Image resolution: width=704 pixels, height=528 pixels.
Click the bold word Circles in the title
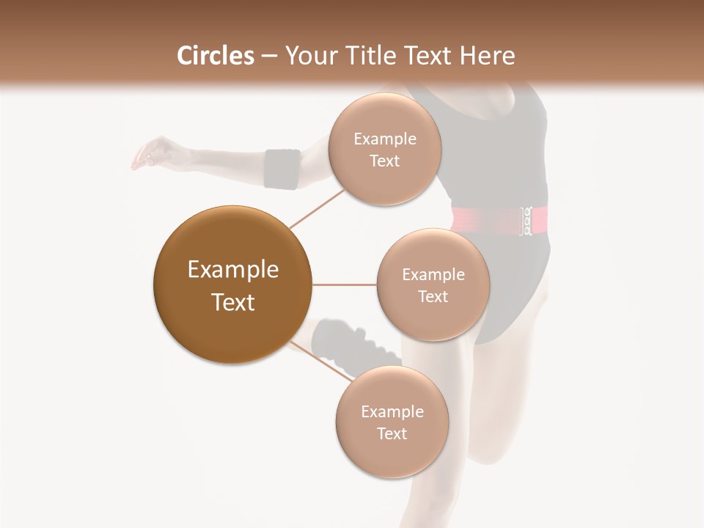tap(216, 56)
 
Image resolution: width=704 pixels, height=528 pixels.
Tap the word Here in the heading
tap(488, 56)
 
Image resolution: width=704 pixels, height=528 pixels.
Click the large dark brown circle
tap(232, 285)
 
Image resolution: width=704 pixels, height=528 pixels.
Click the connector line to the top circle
tap(317, 208)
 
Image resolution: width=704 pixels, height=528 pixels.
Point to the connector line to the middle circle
tap(344, 285)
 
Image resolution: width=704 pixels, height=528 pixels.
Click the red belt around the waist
tap(484, 219)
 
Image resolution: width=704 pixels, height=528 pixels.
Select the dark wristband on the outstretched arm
tap(282, 169)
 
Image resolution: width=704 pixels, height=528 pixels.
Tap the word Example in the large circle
tap(232, 270)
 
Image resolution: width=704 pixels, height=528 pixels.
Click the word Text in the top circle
tap(384, 161)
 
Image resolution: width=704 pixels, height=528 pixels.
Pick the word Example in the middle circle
tap(433, 275)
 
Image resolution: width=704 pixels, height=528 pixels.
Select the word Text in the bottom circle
tap(392, 434)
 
